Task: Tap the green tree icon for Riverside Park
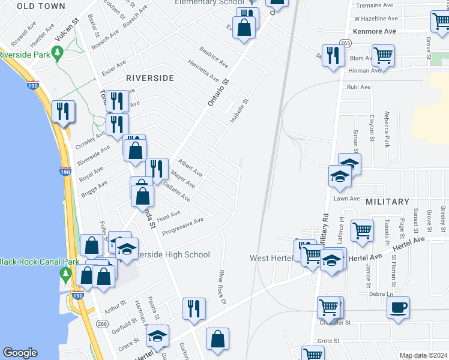tap(58, 55)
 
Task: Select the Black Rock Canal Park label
tap(31, 262)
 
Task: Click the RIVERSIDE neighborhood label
tap(150, 78)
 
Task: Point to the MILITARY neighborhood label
tap(387, 202)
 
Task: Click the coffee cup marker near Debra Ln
tap(398, 307)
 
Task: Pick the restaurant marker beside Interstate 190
tap(62, 111)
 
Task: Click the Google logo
tap(20, 353)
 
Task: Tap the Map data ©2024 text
tap(423, 355)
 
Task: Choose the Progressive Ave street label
tap(183, 224)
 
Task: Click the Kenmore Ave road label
tap(375, 31)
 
